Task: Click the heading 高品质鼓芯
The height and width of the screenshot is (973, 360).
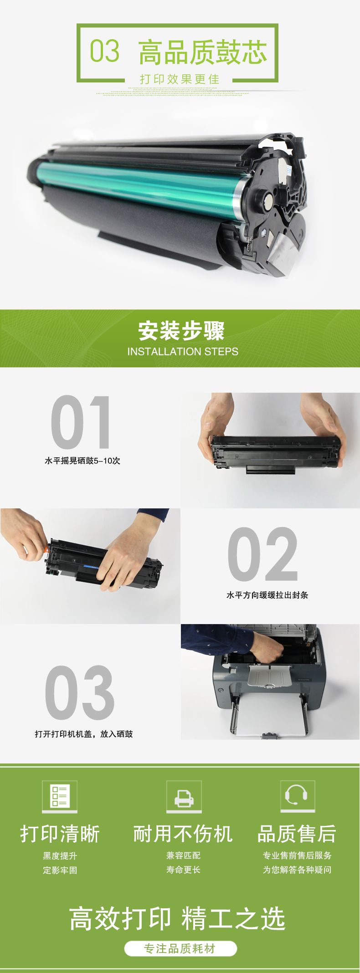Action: [202, 52]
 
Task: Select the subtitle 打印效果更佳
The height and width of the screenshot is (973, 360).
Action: [180, 79]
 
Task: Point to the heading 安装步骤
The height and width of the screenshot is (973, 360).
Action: [181, 331]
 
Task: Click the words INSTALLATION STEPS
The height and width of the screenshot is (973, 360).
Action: [183, 352]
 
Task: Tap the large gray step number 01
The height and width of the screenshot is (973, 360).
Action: [81, 422]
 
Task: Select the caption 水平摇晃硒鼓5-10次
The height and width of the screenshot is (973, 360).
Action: [82, 461]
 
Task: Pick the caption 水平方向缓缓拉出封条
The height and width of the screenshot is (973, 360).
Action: [267, 595]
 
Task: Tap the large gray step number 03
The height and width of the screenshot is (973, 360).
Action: [80, 692]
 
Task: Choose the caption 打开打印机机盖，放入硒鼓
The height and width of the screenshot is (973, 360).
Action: [84, 734]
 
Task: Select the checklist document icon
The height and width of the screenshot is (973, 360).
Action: [60, 796]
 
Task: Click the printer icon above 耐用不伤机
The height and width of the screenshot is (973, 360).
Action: [184, 796]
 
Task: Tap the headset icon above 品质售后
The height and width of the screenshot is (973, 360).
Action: [298, 796]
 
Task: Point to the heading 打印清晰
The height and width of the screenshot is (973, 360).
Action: [60, 834]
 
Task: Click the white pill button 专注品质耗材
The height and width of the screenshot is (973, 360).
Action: [180, 948]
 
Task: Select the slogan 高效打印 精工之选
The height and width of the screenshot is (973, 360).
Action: [177, 918]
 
